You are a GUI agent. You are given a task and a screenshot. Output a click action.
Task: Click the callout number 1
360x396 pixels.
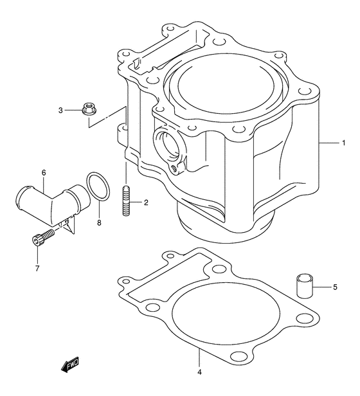point(345,143)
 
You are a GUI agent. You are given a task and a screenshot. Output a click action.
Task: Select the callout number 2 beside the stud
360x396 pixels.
point(146,203)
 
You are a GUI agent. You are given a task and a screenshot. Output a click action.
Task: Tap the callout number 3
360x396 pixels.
point(61,111)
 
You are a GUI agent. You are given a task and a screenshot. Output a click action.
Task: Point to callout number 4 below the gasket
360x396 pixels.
point(200,372)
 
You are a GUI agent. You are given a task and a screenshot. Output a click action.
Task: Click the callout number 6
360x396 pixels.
point(44,173)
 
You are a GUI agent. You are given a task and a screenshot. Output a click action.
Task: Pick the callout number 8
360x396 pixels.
point(99,223)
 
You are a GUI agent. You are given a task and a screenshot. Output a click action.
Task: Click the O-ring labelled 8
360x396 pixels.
point(96,186)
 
